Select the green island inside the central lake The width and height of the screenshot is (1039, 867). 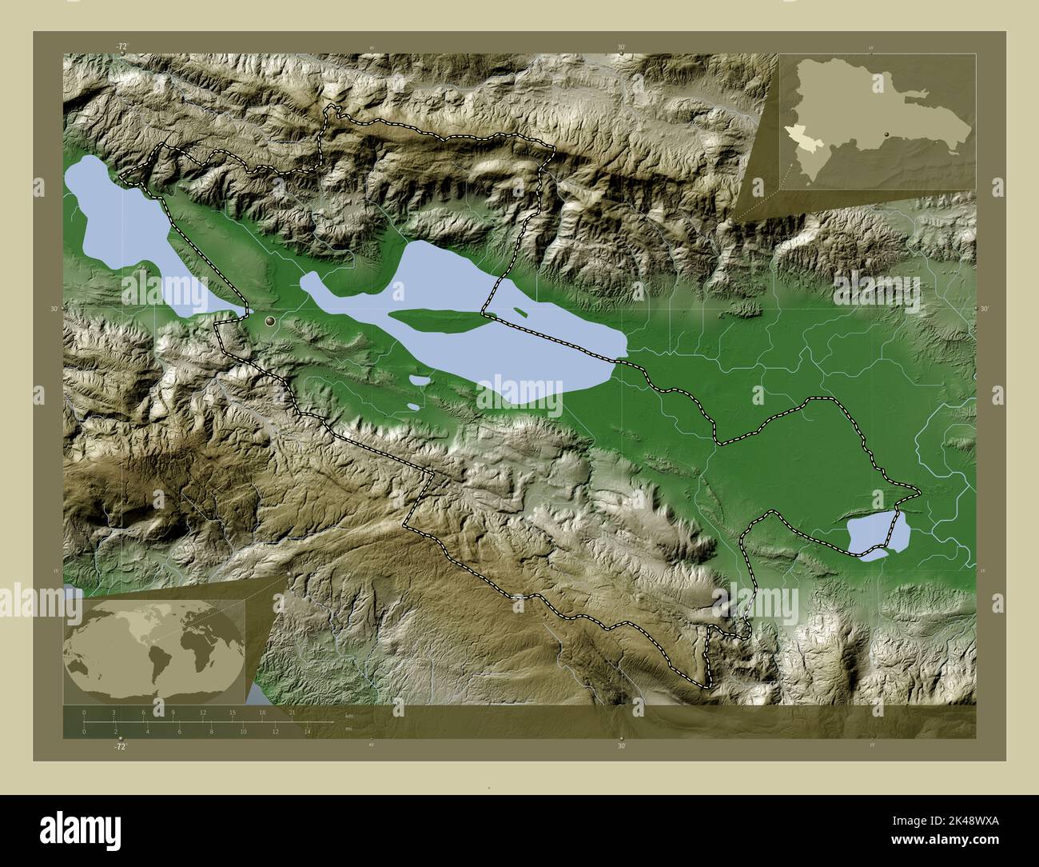click(436, 322)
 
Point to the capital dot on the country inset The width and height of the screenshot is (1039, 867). click(887, 134)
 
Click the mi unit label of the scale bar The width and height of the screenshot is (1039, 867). click(348, 729)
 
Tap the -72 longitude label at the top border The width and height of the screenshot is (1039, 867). click(121, 47)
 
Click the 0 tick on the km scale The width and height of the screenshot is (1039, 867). click(84, 712)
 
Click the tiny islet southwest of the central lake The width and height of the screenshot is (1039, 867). click(412, 406)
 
